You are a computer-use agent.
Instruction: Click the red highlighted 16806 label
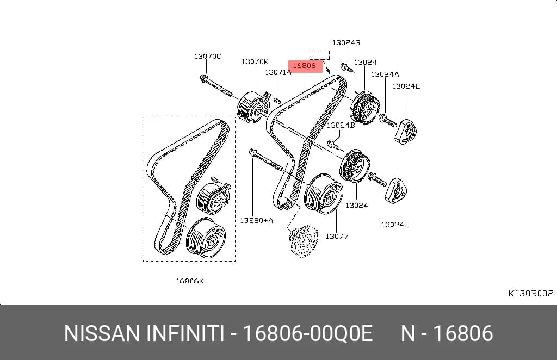point(305,66)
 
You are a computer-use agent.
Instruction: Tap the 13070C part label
point(207,57)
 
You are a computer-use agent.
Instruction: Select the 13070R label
point(255,62)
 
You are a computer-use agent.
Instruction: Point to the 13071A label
point(278,72)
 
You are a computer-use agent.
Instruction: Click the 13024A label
point(385,74)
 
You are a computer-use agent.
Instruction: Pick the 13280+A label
point(257,220)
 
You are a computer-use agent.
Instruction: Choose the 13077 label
point(337,236)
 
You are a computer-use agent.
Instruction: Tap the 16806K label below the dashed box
point(190,281)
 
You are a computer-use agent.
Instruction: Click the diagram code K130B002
point(531,293)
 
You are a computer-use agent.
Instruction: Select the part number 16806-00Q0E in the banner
point(308,333)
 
